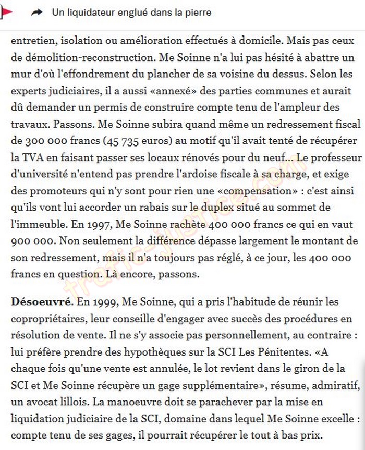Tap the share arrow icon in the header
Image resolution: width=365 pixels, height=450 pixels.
(36, 13)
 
